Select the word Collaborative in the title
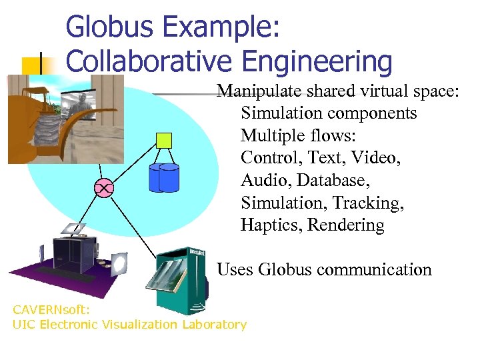149,61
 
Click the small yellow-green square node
163,140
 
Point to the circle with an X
104,189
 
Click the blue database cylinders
164,177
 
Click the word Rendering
346,225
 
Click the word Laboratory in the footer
214,325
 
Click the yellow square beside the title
31,65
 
